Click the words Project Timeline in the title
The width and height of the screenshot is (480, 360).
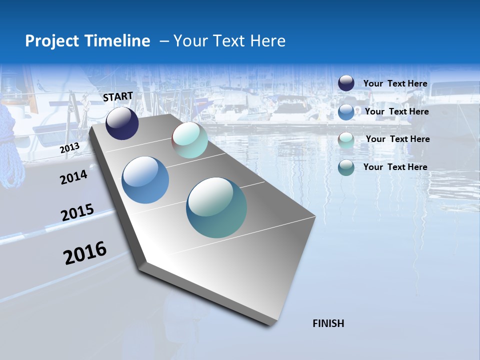(87, 41)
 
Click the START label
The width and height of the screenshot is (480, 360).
(118, 96)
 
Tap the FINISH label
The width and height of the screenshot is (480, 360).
(328, 323)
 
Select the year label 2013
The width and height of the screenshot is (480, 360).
(69, 148)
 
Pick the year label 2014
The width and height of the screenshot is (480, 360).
(73, 177)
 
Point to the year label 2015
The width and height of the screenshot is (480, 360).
(77, 212)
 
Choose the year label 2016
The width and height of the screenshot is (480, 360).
(85, 252)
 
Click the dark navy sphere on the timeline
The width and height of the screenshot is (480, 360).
(122, 123)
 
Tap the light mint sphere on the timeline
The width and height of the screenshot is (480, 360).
(189, 140)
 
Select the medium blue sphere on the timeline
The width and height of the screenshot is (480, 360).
(145, 180)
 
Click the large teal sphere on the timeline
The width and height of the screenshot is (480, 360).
(216, 207)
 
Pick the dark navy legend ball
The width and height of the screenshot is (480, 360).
(346, 83)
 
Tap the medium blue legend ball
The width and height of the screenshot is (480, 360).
(346, 112)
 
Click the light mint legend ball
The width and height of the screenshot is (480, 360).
(346, 140)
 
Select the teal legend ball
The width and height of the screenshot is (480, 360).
(346, 168)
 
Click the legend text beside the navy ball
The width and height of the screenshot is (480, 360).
(395, 84)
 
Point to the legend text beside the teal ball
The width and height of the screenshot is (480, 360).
(395, 167)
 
